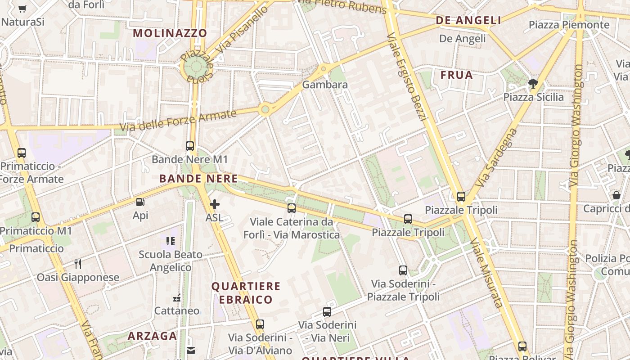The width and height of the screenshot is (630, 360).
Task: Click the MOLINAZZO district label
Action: pos(170,33)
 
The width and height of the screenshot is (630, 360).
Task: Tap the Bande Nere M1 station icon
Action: pos(190,146)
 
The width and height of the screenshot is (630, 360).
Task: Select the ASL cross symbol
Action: pos(215,204)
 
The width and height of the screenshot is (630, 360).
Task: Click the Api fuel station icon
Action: pos(140,202)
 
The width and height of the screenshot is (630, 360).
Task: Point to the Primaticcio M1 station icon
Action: pos(36,217)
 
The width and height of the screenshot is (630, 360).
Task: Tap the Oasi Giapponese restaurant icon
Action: pos(78,264)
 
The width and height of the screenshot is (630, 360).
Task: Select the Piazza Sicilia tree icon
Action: pos(533,83)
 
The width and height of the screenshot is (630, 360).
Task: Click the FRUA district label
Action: pos(457,75)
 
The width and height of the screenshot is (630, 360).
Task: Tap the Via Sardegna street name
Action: pos(497,157)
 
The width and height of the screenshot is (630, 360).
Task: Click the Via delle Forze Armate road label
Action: pos(178,120)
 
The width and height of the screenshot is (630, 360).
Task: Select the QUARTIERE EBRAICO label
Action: pos(246,293)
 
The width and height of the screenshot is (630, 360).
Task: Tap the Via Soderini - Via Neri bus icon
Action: pos(327,311)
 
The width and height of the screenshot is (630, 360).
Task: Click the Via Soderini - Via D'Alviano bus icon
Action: pos(260,324)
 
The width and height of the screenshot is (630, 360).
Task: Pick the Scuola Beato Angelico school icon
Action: pos(171,241)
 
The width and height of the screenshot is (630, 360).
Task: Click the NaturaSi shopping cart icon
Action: pos(22,8)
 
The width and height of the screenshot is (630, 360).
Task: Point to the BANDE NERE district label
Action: pos(198,179)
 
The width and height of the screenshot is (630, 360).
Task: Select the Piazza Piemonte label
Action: pos(569,25)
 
